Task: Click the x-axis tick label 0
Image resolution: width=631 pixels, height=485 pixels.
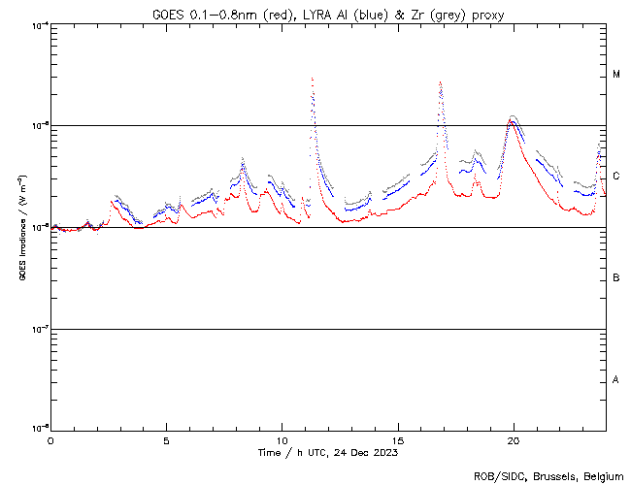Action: (x=50, y=439)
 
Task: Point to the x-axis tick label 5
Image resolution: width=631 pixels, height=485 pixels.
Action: (x=166, y=439)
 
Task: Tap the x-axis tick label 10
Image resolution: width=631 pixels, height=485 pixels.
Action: (x=282, y=439)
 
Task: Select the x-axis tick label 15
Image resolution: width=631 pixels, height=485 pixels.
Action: (x=397, y=439)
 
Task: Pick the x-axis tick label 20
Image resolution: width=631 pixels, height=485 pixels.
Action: (x=513, y=439)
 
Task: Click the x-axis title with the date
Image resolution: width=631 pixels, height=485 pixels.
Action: (x=327, y=452)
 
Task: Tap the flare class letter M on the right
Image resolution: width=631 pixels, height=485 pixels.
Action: (x=616, y=75)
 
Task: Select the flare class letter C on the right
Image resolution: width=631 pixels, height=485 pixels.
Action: (x=616, y=177)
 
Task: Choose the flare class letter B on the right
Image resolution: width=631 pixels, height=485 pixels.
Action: (x=616, y=278)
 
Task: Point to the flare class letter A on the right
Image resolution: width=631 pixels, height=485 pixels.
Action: (x=616, y=380)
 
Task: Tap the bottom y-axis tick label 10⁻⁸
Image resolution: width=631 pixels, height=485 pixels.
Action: (x=40, y=428)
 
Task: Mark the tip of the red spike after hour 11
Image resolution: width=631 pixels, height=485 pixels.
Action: (x=312, y=79)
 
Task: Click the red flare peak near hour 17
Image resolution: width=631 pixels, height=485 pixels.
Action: (x=441, y=82)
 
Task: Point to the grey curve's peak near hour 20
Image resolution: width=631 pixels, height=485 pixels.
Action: (x=513, y=115)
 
